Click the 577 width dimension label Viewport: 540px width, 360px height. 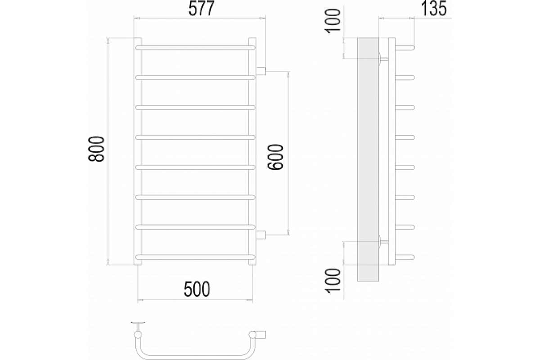pyautogui.click(x=201, y=9)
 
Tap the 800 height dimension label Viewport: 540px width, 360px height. pyautogui.click(x=96, y=149)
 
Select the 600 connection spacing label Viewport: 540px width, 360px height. pyautogui.click(x=275, y=157)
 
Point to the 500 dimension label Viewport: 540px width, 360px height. pyautogui.click(x=197, y=289)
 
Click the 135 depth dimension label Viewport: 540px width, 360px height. pyautogui.click(x=434, y=9)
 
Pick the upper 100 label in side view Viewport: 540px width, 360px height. pyautogui.click(x=333, y=21)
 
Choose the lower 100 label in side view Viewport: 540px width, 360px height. pyautogui.click(x=333, y=281)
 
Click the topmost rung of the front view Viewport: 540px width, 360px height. pyautogui.click(x=195, y=48)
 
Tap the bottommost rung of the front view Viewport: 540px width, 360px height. pyautogui.click(x=195, y=257)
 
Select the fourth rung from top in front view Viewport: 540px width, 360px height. pyautogui.click(x=195, y=137)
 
